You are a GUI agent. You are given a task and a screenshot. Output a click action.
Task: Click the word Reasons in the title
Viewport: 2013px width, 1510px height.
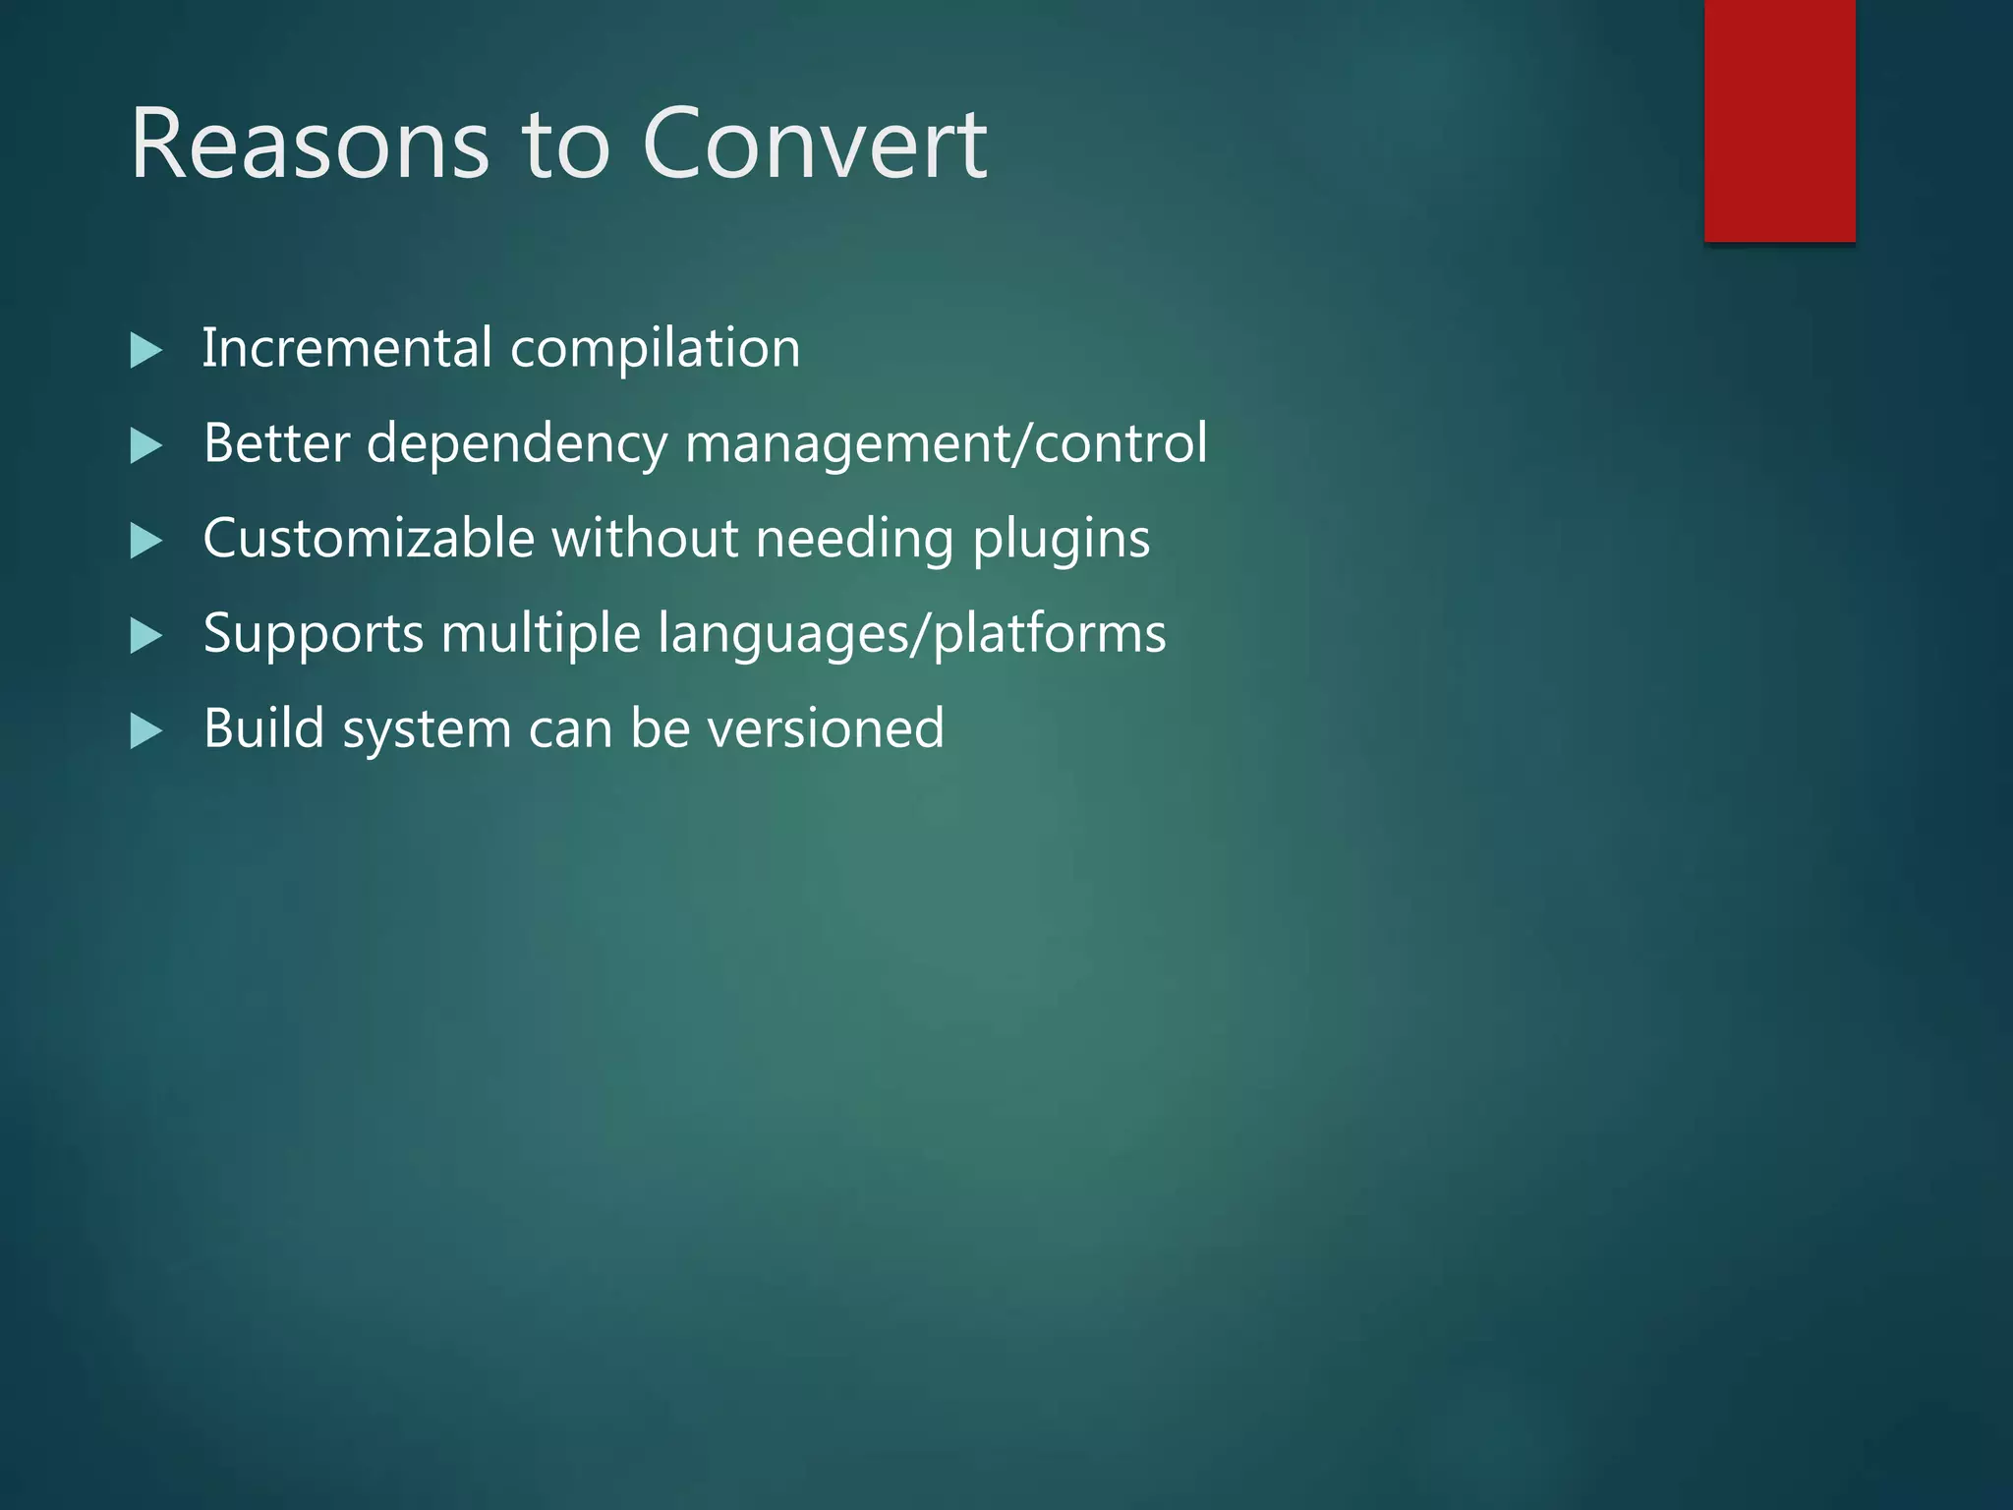tap(310, 145)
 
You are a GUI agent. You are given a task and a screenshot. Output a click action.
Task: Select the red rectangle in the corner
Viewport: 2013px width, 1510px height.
tap(1779, 120)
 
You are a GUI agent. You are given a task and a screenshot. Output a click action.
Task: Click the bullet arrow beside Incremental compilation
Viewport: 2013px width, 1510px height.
tap(145, 351)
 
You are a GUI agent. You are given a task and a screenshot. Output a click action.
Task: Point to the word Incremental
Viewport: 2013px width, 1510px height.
tap(347, 348)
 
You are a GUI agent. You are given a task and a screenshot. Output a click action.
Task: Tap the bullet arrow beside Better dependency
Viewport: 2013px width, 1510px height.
tap(145, 446)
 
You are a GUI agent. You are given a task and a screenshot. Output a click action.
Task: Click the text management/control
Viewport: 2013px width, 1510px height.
tap(946, 444)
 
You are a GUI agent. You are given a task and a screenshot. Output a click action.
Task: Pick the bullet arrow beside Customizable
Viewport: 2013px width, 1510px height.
tap(145, 541)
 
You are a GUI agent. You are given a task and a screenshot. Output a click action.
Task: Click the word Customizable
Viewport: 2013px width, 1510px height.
tap(368, 539)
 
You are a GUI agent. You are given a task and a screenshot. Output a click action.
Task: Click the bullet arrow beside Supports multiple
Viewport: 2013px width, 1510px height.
tap(145, 636)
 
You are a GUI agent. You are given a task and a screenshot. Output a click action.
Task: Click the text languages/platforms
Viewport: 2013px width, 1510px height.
tap(911, 635)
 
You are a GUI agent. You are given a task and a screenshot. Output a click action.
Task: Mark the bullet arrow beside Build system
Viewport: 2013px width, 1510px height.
tap(145, 730)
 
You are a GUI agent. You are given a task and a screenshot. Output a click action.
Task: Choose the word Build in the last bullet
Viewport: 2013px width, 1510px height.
tap(263, 728)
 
